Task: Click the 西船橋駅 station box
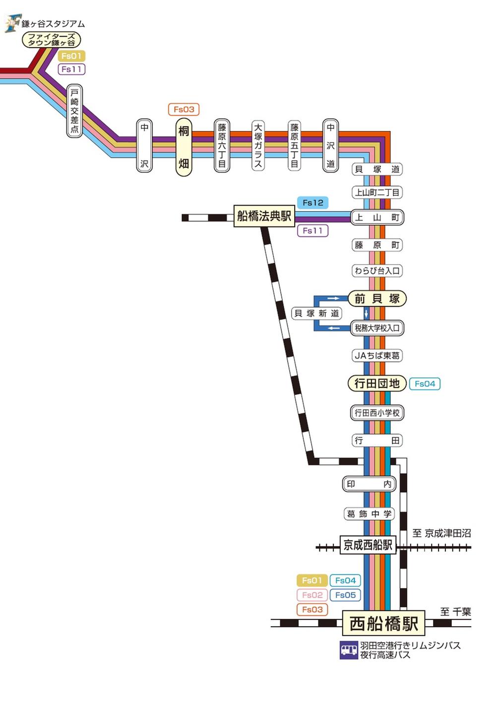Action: pyautogui.click(x=383, y=623)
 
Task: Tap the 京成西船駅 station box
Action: pyautogui.click(x=368, y=545)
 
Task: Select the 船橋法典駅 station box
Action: pyautogui.click(x=264, y=216)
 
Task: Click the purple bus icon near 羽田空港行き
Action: pyautogui.click(x=349, y=650)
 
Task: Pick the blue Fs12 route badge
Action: pyautogui.click(x=312, y=203)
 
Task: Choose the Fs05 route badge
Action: pyautogui.click(x=345, y=595)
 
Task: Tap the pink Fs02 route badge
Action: pyautogui.click(x=312, y=595)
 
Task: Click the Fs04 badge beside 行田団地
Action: pyautogui.click(x=425, y=383)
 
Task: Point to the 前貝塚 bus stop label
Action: pyautogui.click(x=377, y=298)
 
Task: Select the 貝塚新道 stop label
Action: pyautogui.click(x=316, y=313)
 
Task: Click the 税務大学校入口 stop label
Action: pyautogui.click(x=377, y=328)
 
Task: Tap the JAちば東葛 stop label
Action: pyautogui.click(x=377, y=355)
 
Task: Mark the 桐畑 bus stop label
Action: pyautogui.click(x=184, y=147)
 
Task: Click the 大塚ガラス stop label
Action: pyautogui.click(x=258, y=146)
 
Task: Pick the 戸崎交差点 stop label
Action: pyautogui.click(x=74, y=111)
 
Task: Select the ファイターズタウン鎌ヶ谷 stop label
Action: pyautogui.click(x=51, y=40)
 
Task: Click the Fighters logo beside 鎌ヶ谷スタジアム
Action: pyautogui.click(x=12, y=23)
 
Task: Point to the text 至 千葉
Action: pyautogui.click(x=455, y=612)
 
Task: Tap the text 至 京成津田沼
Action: pyautogui.click(x=441, y=533)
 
